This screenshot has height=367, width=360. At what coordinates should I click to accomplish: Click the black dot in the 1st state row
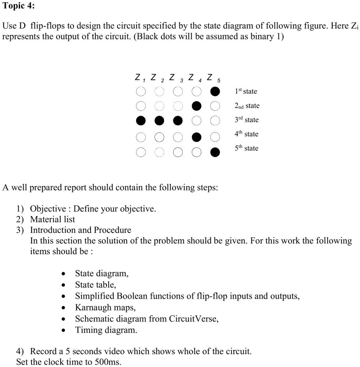[x=215, y=92]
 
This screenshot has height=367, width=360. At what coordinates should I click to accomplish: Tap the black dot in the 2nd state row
[x=196, y=106]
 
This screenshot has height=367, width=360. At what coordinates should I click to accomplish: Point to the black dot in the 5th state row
[x=215, y=152]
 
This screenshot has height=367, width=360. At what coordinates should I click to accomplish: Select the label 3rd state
[x=246, y=120]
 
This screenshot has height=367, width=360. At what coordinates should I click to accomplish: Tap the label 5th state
[x=246, y=148]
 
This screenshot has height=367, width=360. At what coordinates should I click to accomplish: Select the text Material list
[x=53, y=219]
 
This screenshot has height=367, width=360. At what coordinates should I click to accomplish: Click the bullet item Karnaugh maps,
[x=105, y=307]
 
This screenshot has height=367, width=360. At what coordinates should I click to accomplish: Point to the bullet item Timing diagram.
[x=106, y=330]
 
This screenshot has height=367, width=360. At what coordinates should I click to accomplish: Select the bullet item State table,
[x=95, y=285]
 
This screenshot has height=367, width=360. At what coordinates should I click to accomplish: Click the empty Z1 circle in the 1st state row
[x=141, y=92]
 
